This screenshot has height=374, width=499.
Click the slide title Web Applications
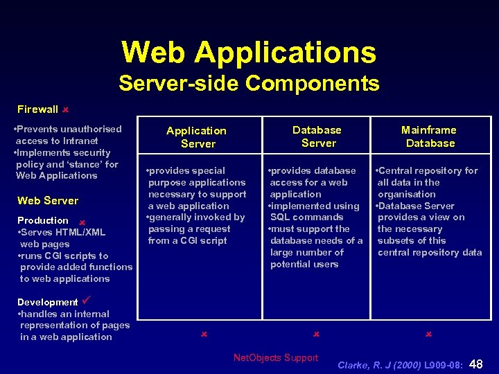(249, 53)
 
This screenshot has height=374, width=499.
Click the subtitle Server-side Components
(249, 84)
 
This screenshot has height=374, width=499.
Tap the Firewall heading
(37, 109)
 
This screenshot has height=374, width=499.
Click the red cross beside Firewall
(64, 109)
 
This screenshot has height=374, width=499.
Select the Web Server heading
(48, 201)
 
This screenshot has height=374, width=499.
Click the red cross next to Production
(81, 222)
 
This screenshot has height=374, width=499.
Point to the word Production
(43, 221)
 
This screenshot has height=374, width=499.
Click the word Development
(47, 303)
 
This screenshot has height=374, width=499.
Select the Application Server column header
(197, 137)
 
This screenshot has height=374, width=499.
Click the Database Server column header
(317, 136)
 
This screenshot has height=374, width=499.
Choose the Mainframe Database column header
(430, 136)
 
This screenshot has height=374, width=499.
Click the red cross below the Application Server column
(204, 335)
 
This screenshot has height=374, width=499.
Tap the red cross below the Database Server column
(315, 335)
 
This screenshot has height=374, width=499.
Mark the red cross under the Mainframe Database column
(428, 335)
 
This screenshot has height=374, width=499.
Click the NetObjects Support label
(276, 358)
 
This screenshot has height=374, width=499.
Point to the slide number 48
(477, 364)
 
